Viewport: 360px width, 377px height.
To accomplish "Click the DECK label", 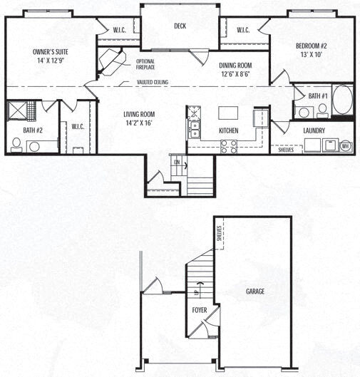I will [180, 26].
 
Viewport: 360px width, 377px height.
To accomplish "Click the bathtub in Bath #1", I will [342, 100].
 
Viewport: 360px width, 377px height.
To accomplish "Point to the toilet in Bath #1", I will [322, 109].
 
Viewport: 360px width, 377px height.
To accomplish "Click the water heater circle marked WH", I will [345, 146].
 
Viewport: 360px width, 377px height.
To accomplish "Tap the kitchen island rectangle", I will [227, 113].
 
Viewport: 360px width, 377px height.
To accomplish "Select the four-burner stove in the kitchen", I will [229, 145].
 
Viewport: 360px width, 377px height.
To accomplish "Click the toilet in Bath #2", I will [16, 143].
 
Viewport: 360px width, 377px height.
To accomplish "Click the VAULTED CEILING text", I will [153, 83].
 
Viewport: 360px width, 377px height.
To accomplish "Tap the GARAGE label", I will [255, 291].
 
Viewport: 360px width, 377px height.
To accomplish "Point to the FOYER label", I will [199, 311].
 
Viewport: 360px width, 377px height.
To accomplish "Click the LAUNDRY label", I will [314, 130].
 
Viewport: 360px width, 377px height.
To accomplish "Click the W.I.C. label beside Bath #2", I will [78, 126].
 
